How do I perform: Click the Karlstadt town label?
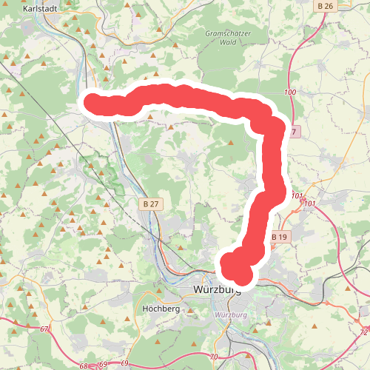tap(38, 8)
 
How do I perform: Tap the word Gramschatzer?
tap(229, 33)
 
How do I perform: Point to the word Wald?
tap(229, 42)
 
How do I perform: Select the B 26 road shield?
tap(325, 7)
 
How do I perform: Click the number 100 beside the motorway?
tap(289, 92)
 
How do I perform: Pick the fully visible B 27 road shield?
tap(151, 203)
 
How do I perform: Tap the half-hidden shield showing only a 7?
tap(293, 132)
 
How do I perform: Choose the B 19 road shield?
tap(279, 237)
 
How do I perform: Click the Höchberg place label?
tap(160, 308)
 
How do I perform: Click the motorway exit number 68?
tap(83, 366)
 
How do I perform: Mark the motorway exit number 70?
tap(214, 358)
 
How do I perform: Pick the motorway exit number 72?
tap(363, 332)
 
